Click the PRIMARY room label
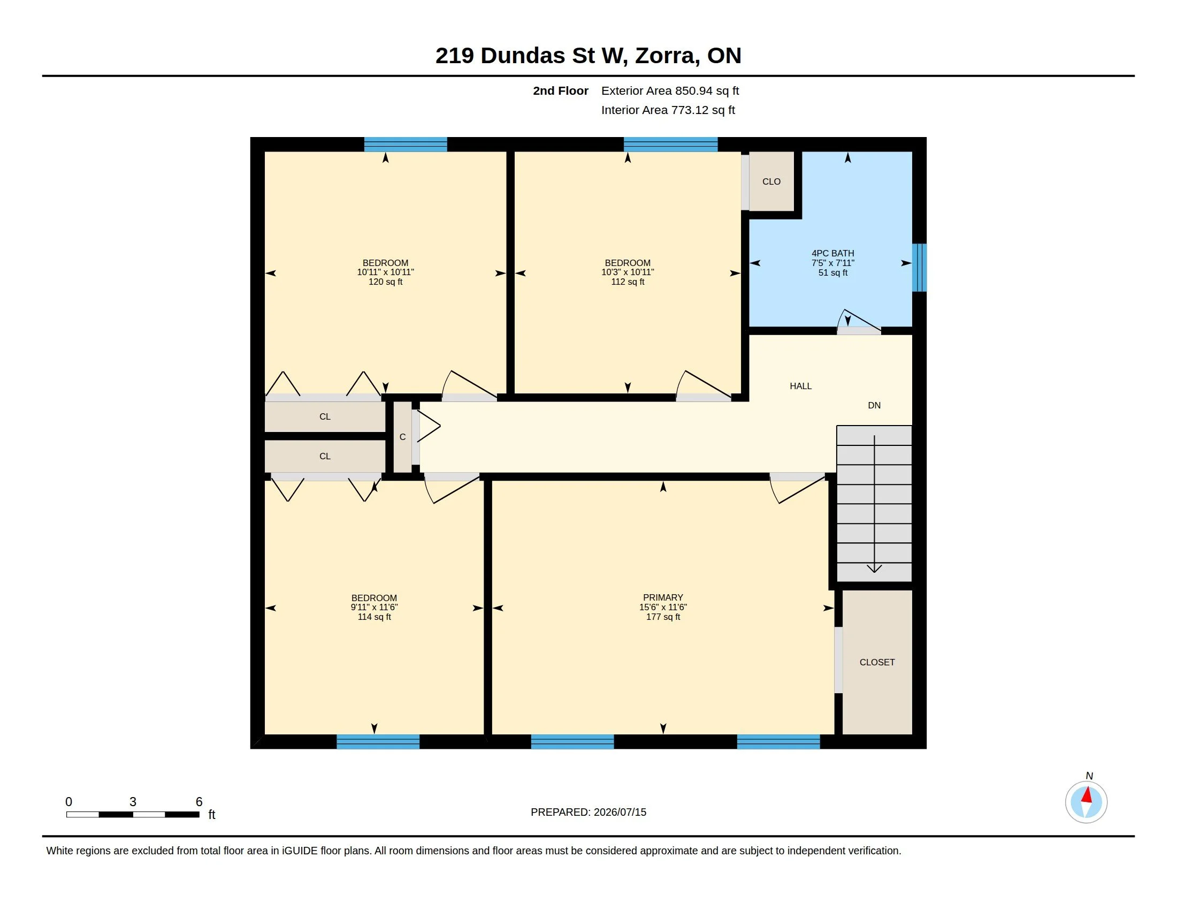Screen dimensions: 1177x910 click(663, 597)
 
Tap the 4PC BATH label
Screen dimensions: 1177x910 click(832, 253)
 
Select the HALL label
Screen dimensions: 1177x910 click(800, 386)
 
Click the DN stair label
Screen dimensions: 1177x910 click(874, 405)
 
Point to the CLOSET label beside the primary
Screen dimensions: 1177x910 click(877, 662)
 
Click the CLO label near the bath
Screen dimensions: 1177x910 click(771, 181)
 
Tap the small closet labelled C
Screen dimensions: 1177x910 click(402, 437)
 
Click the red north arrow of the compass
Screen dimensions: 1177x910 click(1087, 795)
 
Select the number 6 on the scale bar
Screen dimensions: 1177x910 click(199, 802)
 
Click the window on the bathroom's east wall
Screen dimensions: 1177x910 click(919, 268)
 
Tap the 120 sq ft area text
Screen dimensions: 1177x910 click(385, 282)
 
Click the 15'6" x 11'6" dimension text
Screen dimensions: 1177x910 click(663, 607)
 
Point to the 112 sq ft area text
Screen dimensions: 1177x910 click(628, 282)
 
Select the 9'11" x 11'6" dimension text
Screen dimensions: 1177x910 click(374, 607)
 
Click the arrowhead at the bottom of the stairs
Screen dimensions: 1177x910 click(874, 568)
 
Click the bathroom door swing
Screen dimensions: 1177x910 click(859, 321)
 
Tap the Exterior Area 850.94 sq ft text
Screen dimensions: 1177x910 click(670, 91)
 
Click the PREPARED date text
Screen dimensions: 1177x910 click(588, 812)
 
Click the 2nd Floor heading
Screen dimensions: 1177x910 click(561, 91)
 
